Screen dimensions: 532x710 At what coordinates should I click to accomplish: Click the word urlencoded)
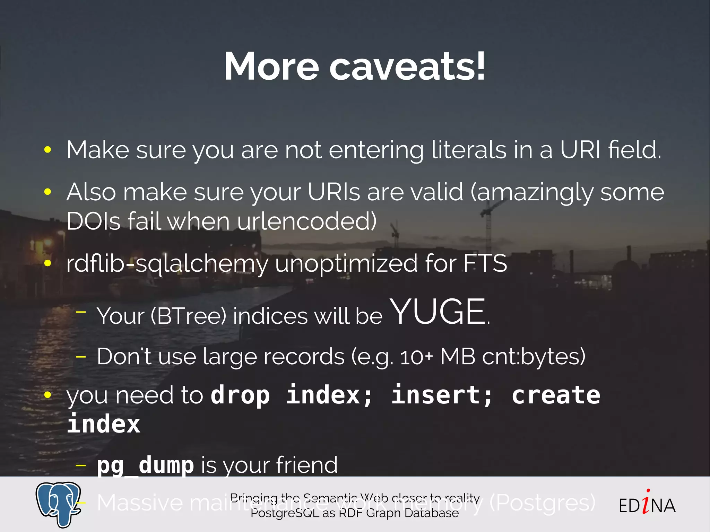306,221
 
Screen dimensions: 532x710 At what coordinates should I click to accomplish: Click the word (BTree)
188,316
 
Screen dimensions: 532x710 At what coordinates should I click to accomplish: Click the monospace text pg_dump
145,465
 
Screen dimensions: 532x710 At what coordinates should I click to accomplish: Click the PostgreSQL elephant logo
58,504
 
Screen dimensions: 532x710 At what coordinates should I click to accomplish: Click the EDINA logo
647,505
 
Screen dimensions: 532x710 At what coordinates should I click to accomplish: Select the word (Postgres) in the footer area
542,503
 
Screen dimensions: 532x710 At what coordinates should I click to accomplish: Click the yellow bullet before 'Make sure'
48,150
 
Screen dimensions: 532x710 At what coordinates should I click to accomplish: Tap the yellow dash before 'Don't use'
81,357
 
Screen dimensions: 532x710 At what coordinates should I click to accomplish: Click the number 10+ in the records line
416,357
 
